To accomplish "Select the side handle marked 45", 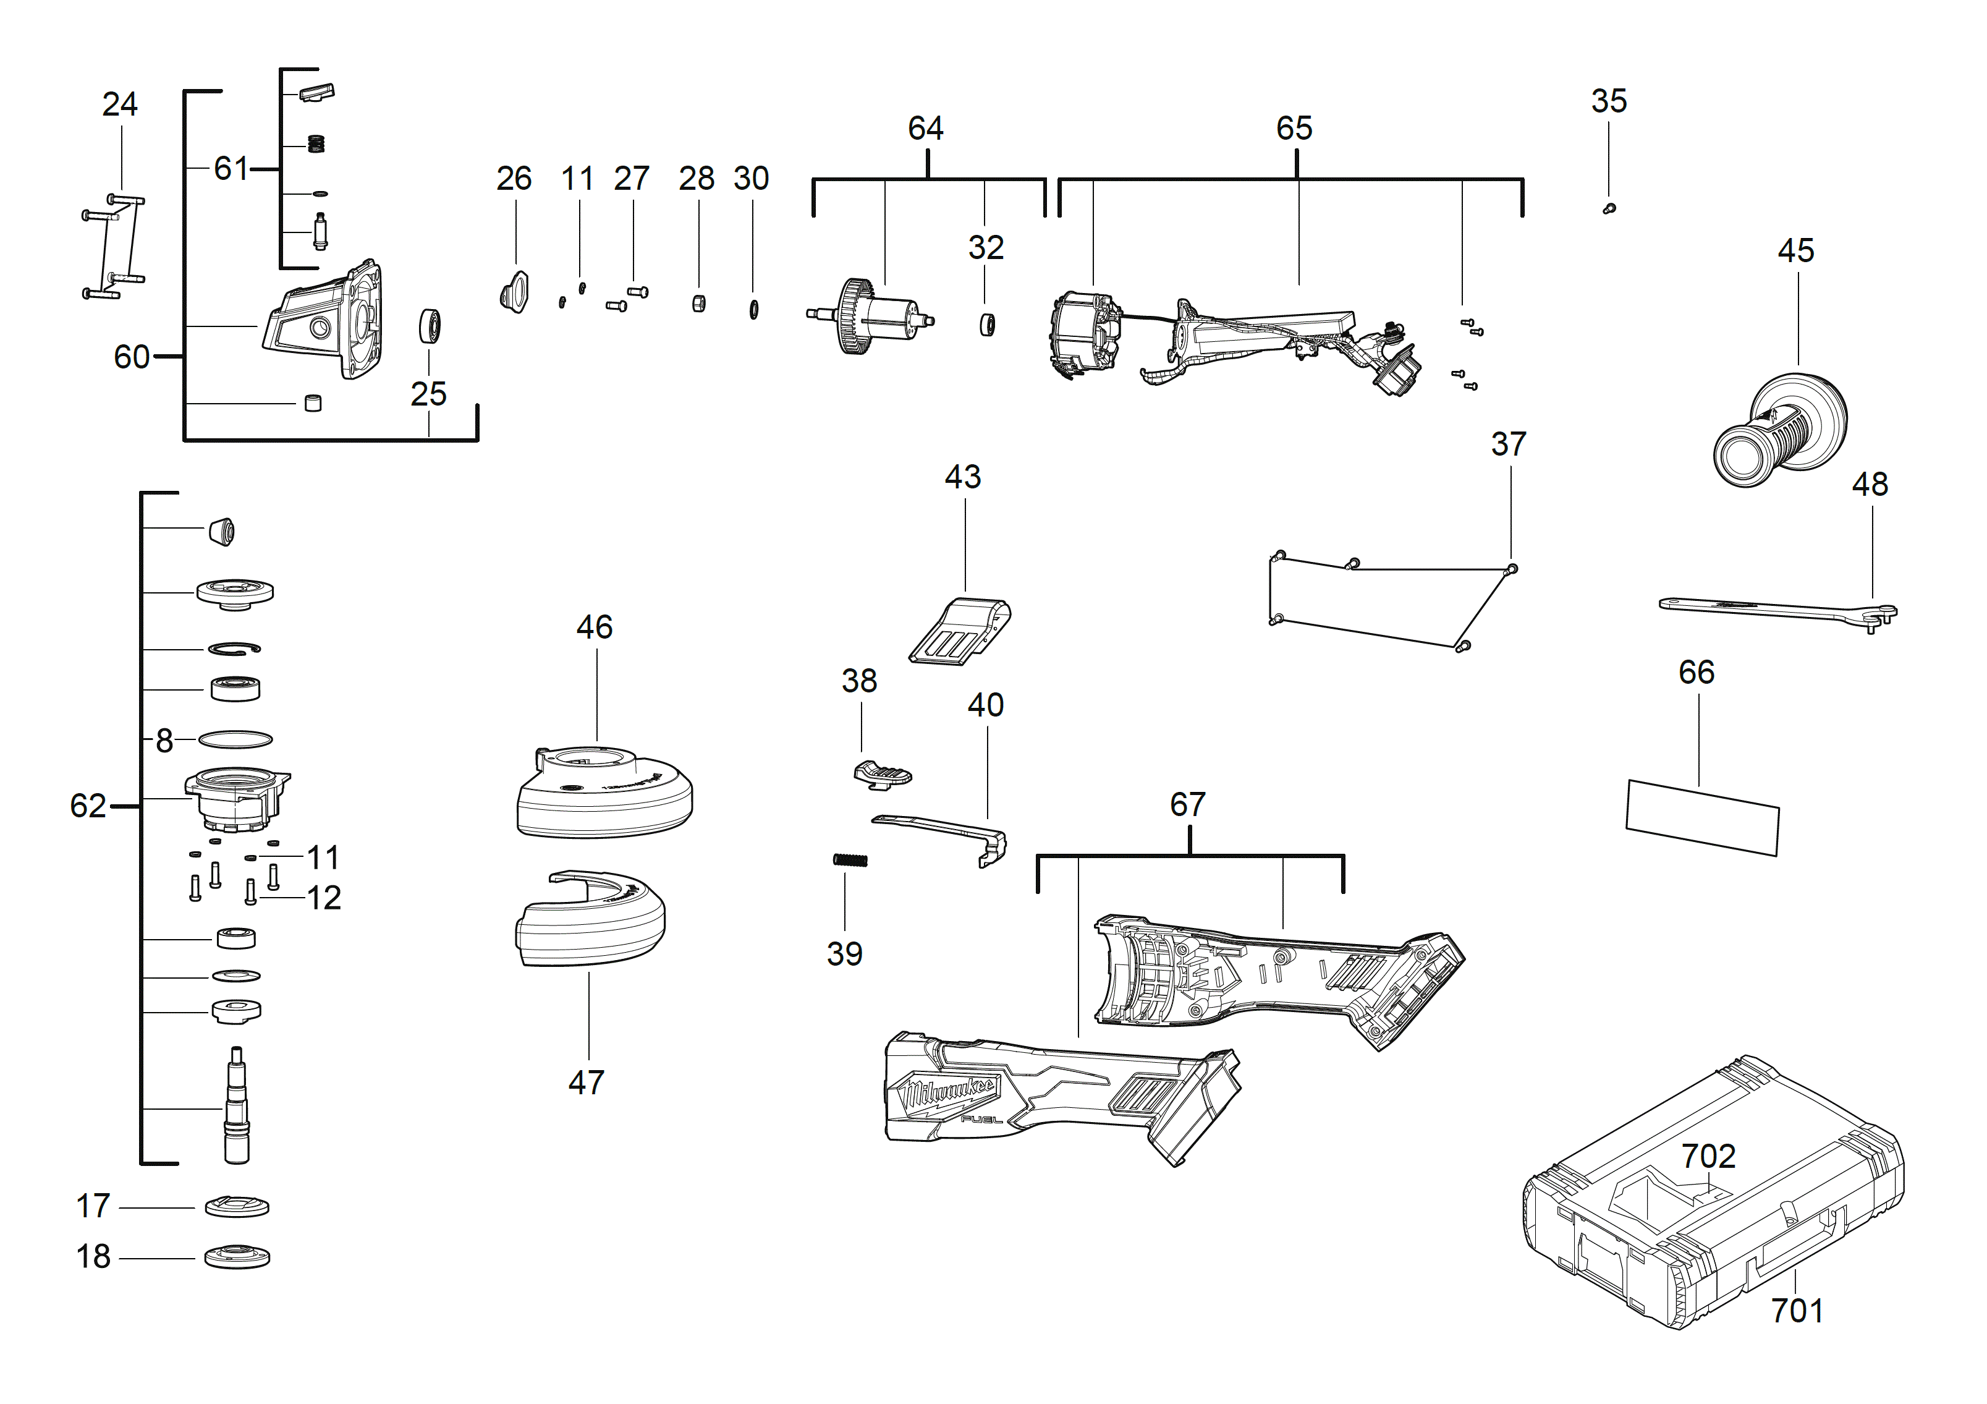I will (x=1779, y=430).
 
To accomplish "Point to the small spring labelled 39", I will (x=850, y=859).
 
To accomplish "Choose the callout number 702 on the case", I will (x=1708, y=1157).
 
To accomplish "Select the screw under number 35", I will (x=1609, y=208).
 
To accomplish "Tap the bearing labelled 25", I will (x=430, y=326).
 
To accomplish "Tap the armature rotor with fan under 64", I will (x=870, y=316).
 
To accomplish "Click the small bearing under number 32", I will (x=986, y=325).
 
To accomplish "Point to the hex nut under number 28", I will (x=699, y=303).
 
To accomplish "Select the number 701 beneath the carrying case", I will (x=1797, y=1311).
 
